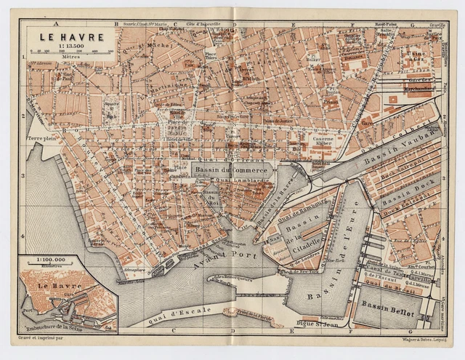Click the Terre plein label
[42, 136]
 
